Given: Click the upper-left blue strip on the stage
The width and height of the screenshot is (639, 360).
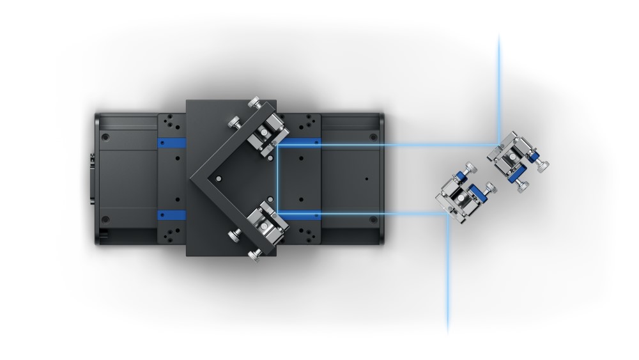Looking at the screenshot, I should pyautogui.click(x=171, y=141).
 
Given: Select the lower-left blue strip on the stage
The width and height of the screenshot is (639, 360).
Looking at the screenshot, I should pyautogui.click(x=171, y=214).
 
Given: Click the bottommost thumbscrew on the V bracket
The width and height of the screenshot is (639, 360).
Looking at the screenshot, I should pyautogui.click(x=255, y=257).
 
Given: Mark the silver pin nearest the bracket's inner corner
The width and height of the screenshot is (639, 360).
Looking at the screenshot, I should pyautogui.click(x=219, y=178).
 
